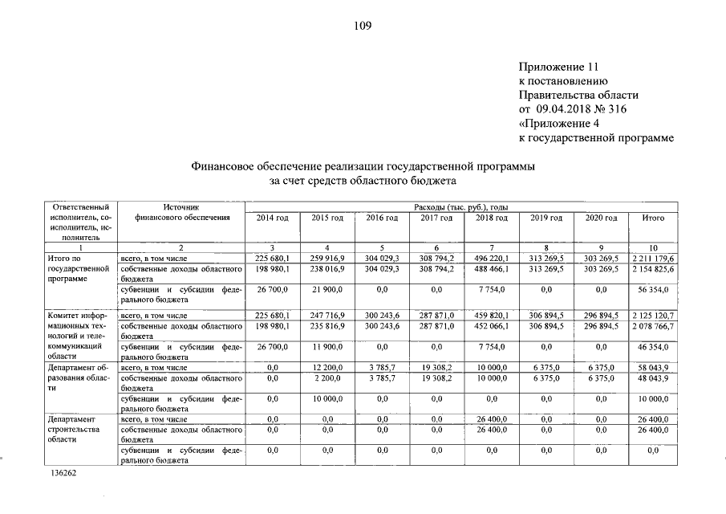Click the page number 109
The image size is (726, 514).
(362, 26)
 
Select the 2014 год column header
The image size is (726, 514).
(272, 218)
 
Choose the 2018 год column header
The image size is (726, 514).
(491, 218)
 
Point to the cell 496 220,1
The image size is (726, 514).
(491, 259)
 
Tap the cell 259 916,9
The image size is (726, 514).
(327, 259)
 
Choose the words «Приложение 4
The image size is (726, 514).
(559, 124)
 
